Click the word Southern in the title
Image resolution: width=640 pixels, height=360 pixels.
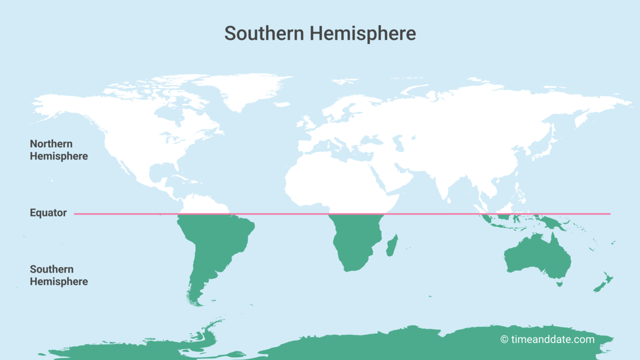tap(263, 33)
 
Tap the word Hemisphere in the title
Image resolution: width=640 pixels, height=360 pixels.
tap(362, 33)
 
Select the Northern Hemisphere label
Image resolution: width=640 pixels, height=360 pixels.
tap(59, 150)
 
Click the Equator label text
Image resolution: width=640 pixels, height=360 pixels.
tap(48, 213)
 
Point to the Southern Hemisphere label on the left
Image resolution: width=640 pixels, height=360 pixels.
tap(59, 275)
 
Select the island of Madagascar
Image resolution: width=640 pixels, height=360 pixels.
tap(392, 246)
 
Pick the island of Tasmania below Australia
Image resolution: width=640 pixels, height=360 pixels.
tap(559, 284)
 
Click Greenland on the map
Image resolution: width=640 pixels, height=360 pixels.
tap(240, 91)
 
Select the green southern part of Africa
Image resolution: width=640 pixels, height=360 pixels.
tap(355, 240)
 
